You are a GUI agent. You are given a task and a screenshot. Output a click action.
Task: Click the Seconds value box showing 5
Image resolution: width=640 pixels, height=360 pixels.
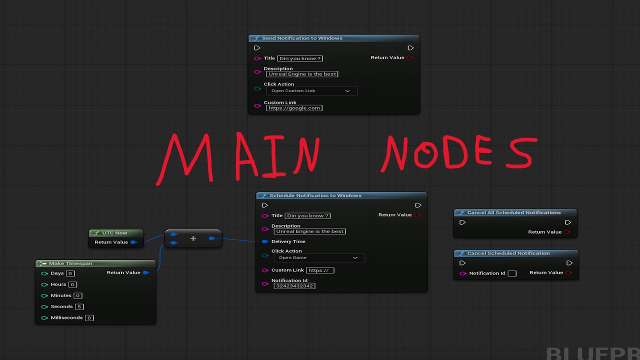coord(79,306)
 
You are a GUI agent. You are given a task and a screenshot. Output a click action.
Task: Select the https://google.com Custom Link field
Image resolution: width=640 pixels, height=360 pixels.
coord(294,108)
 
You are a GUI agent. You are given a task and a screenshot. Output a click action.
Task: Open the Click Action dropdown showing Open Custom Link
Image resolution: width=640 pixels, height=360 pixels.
coord(311,91)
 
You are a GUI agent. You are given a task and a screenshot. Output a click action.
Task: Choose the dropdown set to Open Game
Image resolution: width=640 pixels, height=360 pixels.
coord(319,257)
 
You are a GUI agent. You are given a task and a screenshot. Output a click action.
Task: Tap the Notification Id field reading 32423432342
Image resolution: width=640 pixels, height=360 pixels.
coord(294,286)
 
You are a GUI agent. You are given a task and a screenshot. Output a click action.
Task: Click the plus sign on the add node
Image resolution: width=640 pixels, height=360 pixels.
coord(193,238)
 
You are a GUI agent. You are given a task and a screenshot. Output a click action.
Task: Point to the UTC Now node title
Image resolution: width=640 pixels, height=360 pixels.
coord(114,233)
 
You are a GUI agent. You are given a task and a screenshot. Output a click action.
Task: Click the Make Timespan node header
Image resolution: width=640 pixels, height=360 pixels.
coord(95,263)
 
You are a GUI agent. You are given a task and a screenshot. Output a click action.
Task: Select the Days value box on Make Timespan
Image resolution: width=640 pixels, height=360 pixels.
coord(70,273)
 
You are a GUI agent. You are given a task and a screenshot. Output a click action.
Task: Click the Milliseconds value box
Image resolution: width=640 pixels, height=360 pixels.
coord(89,317)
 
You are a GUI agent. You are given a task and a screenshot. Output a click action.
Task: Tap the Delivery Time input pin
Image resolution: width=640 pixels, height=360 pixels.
coord(265,241)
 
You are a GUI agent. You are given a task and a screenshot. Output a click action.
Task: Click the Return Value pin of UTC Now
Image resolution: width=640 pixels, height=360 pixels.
coord(133,242)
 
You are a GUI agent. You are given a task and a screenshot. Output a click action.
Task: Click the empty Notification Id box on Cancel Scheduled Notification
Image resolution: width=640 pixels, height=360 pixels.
coord(512,273)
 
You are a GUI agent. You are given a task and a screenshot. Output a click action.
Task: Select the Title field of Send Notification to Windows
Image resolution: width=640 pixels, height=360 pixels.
coord(300,58)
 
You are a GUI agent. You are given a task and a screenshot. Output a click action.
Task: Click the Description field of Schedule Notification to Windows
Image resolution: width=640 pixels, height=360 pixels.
coord(309,231)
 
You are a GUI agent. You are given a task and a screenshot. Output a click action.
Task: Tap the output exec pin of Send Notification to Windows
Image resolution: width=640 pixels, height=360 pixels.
coord(410,47)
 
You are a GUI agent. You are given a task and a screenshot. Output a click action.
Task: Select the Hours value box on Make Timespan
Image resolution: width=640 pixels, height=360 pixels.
coord(72,284)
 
